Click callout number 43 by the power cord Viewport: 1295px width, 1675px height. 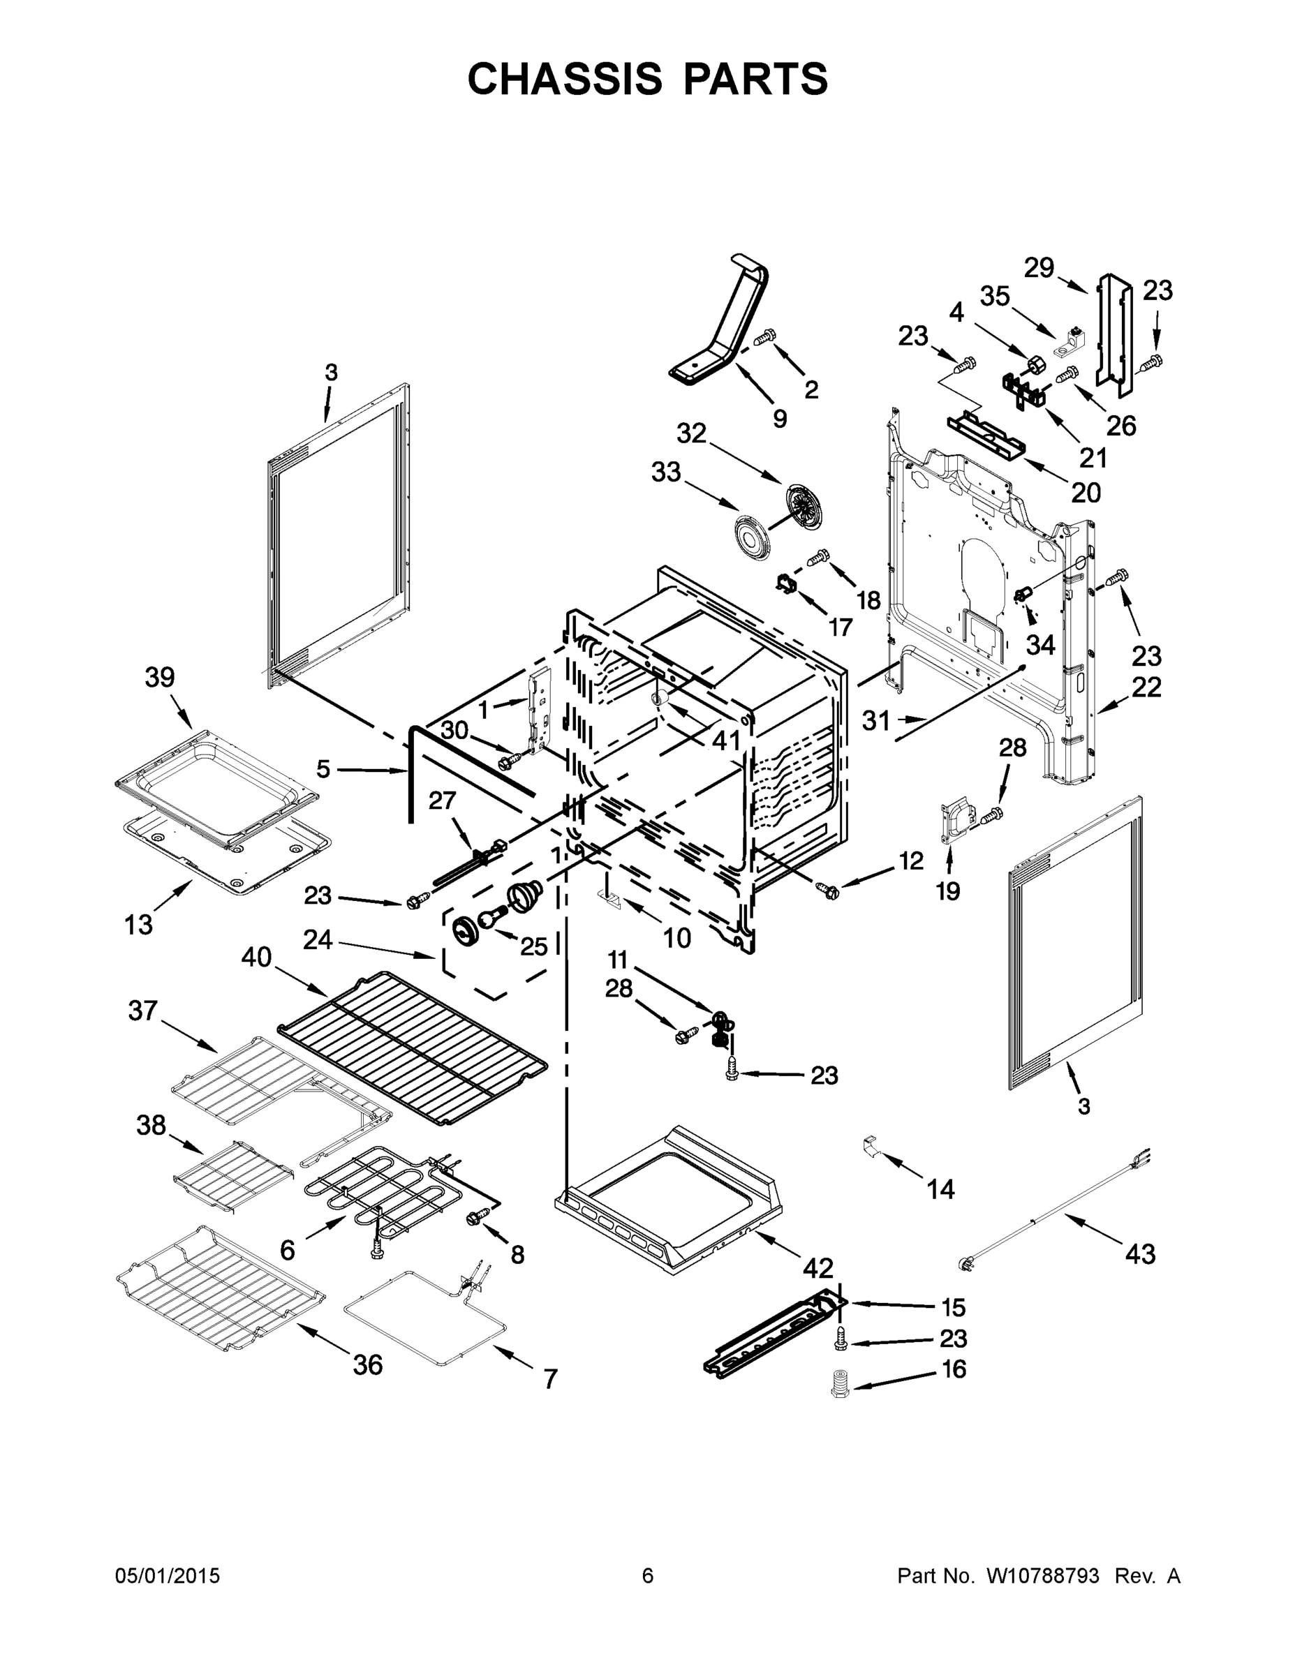pyautogui.click(x=1139, y=1254)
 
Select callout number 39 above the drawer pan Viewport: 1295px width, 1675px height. pyautogui.click(x=160, y=677)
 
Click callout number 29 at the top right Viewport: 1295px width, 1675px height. pyautogui.click(x=1039, y=268)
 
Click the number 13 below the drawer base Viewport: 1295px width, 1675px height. pyautogui.click(x=139, y=925)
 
